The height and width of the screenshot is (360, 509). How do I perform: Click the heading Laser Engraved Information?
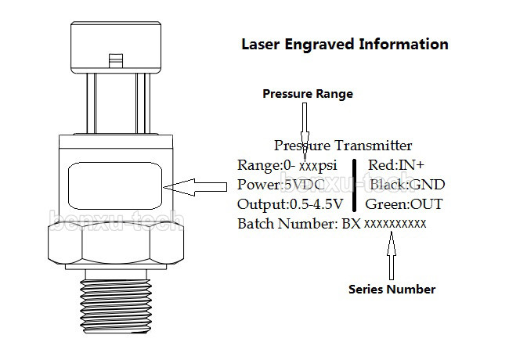345,45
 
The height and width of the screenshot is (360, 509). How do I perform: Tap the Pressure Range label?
307,94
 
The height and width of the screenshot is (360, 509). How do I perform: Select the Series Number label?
392,290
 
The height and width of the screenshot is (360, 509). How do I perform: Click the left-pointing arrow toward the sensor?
197,186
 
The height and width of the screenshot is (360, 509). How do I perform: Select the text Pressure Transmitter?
343,146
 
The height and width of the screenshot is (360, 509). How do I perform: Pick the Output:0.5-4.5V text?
290,204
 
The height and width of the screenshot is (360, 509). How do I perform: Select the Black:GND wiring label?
406,185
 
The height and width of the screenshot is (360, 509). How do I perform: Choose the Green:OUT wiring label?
405,204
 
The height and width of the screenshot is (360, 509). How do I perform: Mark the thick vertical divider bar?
356,185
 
